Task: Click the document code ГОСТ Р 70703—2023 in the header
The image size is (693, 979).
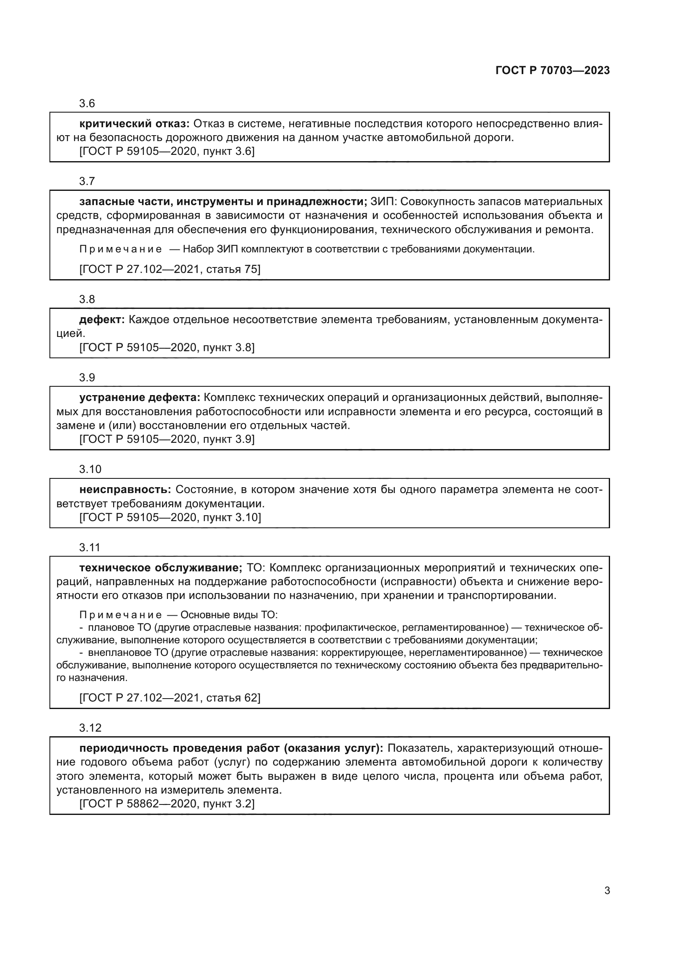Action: pos(552,70)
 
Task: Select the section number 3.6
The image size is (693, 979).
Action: pos(87,103)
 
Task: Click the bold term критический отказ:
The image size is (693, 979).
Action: pos(134,123)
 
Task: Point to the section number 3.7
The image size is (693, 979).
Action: pos(87,181)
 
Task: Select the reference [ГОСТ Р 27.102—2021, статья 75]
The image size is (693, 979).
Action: pos(170,269)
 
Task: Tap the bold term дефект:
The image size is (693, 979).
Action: pos(102,319)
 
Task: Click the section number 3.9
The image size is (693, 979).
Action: pos(87,378)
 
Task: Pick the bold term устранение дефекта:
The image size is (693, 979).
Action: pos(140,397)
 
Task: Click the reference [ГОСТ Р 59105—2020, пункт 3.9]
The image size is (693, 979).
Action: pos(167,439)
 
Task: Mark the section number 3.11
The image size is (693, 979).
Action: pos(89,547)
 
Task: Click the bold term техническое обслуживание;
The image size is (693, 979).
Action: pos(161,568)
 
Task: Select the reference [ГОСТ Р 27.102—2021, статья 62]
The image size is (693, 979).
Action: pos(170,698)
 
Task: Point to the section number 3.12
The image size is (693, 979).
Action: pos(90,727)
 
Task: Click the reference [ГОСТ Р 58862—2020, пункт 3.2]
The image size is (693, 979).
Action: pos(167,804)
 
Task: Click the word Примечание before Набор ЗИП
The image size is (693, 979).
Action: pos(120,249)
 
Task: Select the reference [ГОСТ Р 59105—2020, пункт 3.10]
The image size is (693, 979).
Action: pos(170,517)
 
